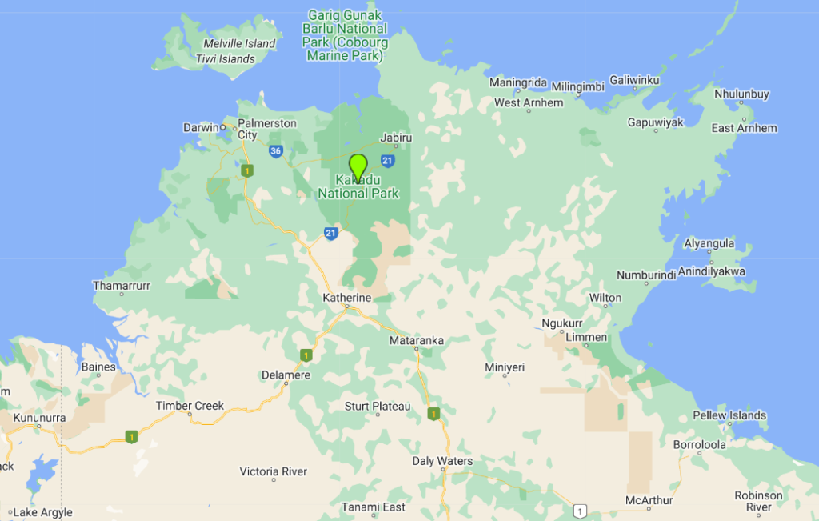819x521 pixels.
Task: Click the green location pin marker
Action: click(x=358, y=166)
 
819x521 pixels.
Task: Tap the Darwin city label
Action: click(x=201, y=127)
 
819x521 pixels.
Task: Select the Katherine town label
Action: click(x=346, y=298)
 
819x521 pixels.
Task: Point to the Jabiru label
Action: click(x=396, y=138)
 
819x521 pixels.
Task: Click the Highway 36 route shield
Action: click(x=276, y=150)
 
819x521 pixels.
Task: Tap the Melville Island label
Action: click(x=239, y=43)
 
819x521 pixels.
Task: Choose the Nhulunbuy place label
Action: click(x=741, y=94)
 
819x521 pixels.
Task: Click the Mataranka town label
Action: click(x=416, y=340)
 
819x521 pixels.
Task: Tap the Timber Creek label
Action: click(x=190, y=406)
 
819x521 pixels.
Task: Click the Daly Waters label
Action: click(x=442, y=461)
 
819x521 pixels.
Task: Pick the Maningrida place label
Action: click(x=517, y=82)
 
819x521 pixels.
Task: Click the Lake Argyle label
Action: click(x=42, y=512)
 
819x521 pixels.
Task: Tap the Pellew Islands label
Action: click(x=729, y=415)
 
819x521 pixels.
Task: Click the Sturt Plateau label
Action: click(x=377, y=407)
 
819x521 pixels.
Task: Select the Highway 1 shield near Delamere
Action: click(x=306, y=355)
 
